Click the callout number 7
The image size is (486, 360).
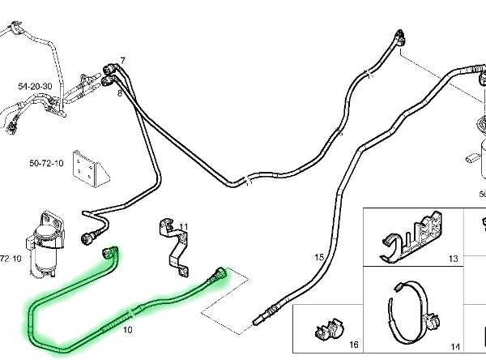point(123,61)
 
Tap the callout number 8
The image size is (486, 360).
point(120,94)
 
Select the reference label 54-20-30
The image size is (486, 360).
point(34,86)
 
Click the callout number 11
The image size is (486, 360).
point(184,227)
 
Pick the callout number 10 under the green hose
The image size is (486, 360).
point(127,331)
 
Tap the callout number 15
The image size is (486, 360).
point(319,257)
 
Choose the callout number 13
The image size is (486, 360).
point(452,259)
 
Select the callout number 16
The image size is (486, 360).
point(352,345)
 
